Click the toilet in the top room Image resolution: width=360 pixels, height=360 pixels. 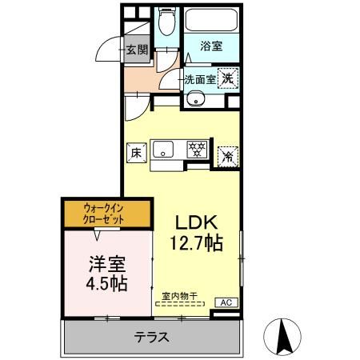click(166, 22)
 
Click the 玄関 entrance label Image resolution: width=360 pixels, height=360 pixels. click(137, 51)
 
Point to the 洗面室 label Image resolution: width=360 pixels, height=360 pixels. click(200, 79)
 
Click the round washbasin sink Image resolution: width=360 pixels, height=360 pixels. click(197, 101)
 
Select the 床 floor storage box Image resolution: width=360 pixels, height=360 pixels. click(135, 150)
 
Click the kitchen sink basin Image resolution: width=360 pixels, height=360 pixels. click(163, 148)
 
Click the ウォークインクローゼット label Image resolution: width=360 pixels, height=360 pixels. click(106, 214)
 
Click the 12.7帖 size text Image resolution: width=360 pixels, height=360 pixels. click(195, 242)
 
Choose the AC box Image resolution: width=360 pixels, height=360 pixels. click(227, 302)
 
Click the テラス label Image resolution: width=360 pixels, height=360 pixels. click(151, 337)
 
